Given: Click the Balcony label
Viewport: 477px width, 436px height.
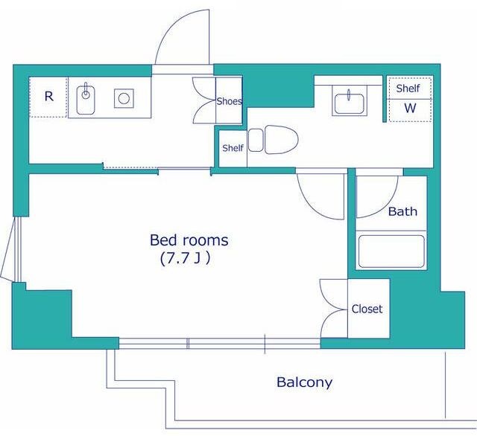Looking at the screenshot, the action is pos(304,382).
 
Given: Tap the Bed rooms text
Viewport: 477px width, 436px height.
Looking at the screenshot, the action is pos(189,240).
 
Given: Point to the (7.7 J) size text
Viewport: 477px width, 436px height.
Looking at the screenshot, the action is pos(186,259).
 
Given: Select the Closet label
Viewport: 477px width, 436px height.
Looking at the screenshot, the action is pos(367,309).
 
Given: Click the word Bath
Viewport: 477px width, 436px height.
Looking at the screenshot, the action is pos(402,211).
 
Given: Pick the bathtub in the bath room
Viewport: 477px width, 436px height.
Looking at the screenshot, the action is pos(391,251).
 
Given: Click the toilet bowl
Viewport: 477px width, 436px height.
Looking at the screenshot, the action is pos(281,140).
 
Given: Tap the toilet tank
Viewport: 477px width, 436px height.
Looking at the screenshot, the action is pos(256,140).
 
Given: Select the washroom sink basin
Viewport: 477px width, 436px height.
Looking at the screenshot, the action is pos(350,104).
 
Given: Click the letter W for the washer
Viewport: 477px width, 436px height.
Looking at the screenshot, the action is pos(410,108).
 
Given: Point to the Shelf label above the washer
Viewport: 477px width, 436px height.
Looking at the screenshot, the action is pos(408,89).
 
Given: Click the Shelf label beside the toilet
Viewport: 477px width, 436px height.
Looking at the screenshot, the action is pos(233,148).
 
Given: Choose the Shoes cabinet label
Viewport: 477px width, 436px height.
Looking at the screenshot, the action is pos(230,101).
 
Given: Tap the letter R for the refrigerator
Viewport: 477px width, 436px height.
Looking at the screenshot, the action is pos(49,97).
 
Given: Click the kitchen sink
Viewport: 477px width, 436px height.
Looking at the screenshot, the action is pos(86,100).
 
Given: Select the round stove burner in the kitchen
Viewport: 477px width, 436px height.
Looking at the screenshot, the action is pos(124,98).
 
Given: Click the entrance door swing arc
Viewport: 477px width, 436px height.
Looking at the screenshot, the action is pos(171,26).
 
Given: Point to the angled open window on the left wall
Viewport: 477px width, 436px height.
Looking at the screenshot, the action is pos(7,249).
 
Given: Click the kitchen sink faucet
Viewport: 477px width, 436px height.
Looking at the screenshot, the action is pos(86,91).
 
